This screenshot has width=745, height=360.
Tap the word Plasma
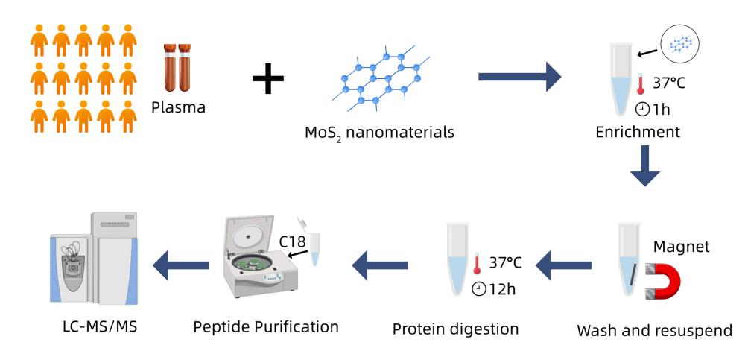(x=178, y=107)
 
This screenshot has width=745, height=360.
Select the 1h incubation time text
(x=656, y=110)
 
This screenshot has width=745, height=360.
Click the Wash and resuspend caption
(x=655, y=329)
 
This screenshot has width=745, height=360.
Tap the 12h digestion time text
(x=498, y=288)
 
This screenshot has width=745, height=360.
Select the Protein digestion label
(x=455, y=329)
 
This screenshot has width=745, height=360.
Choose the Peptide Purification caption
(x=266, y=326)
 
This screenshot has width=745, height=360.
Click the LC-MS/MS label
(x=99, y=328)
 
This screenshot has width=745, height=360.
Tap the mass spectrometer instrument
(x=94, y=256)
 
